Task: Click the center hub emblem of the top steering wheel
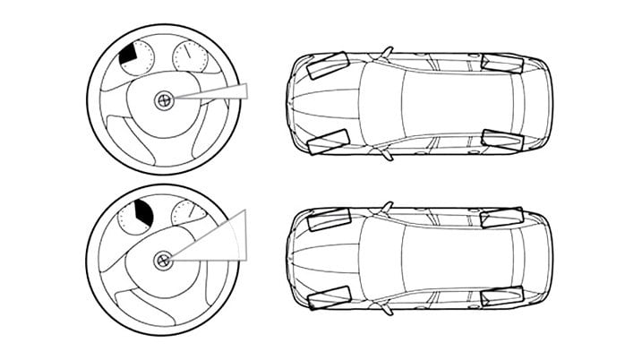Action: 163,100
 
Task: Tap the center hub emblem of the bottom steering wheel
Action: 163,261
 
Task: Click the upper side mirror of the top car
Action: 387,52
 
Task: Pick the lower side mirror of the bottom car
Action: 387,311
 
